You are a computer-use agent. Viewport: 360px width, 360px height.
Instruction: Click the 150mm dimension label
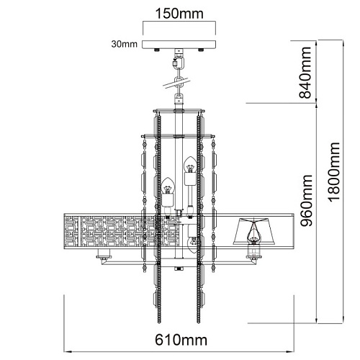(179, 14)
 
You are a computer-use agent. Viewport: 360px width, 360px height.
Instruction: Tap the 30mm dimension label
(124, 44)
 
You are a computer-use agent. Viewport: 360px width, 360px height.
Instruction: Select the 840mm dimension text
(305, 73)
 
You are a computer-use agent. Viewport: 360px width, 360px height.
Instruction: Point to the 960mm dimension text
(307, 201)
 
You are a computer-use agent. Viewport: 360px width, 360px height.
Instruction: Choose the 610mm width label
(181, 340)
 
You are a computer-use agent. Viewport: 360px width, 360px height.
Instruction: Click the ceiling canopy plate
(179, 45)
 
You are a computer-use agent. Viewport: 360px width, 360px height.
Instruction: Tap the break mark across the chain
(176, 83)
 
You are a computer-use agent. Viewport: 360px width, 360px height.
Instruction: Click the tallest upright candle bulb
(190, 164)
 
